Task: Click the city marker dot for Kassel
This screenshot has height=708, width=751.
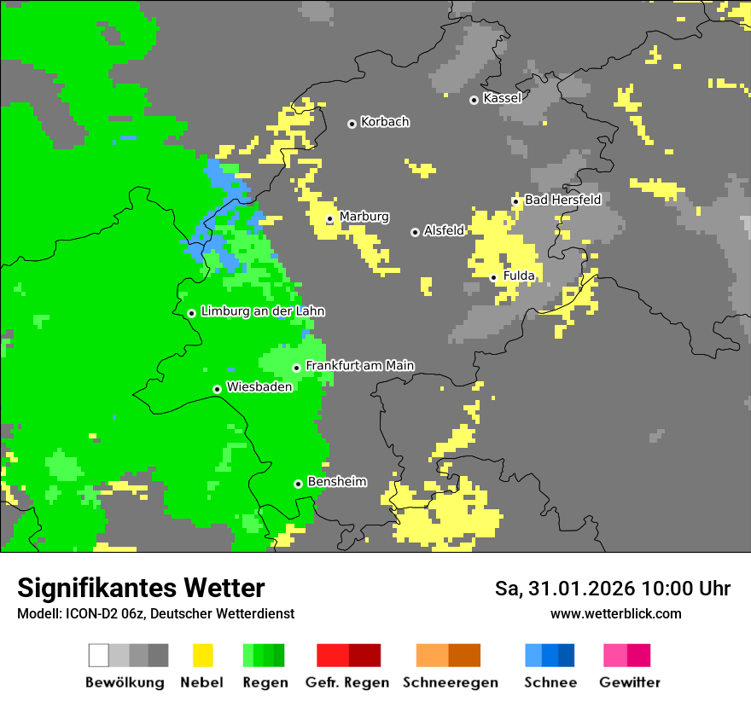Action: (474, 100)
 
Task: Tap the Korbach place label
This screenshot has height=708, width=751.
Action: (385, 122)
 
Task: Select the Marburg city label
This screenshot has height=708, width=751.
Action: (364, 217)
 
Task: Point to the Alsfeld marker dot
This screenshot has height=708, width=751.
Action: (416, 232)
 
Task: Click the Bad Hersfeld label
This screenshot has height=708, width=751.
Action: (562, 200)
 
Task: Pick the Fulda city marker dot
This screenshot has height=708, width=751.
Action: (494, 277)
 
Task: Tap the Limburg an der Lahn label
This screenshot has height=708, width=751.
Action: (262, 311)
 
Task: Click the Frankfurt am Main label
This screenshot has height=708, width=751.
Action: (359, 366)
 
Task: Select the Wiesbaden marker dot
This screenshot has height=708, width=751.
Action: (218, 389)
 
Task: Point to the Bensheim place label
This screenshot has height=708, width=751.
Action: (336, 482)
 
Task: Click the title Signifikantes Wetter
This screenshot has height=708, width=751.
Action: (141, 589)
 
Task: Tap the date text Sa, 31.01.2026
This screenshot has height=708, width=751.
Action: (564, 589)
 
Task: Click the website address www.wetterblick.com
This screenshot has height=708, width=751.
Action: (615, 614)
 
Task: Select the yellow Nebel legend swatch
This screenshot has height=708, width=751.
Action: (202, 655)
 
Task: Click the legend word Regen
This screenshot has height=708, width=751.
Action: (264, 682)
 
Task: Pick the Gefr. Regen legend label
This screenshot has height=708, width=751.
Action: (347, 682)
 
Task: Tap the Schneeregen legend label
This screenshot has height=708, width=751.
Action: (449, 682)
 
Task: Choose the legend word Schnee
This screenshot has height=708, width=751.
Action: (550, 682)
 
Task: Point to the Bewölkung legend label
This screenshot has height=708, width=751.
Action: (125, 682)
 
